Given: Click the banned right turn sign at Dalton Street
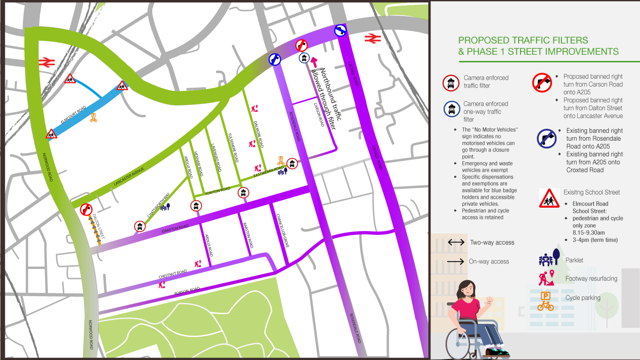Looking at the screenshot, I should [x=86, y=209].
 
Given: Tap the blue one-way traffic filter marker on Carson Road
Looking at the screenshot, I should [x=304, y=58].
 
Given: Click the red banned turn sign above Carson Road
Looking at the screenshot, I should [x=302, y=45].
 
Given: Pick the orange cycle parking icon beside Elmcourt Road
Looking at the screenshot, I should [x=93, y=117].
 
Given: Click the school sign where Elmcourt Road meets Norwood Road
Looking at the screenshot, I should [x=52, y=134].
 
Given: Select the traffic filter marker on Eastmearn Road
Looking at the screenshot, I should [x=292, y=164].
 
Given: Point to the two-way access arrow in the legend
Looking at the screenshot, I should [x=456, y=242].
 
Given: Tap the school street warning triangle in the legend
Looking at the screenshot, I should [x=549, y=199].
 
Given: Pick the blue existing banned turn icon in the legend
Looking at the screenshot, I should [x=546, y=139].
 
